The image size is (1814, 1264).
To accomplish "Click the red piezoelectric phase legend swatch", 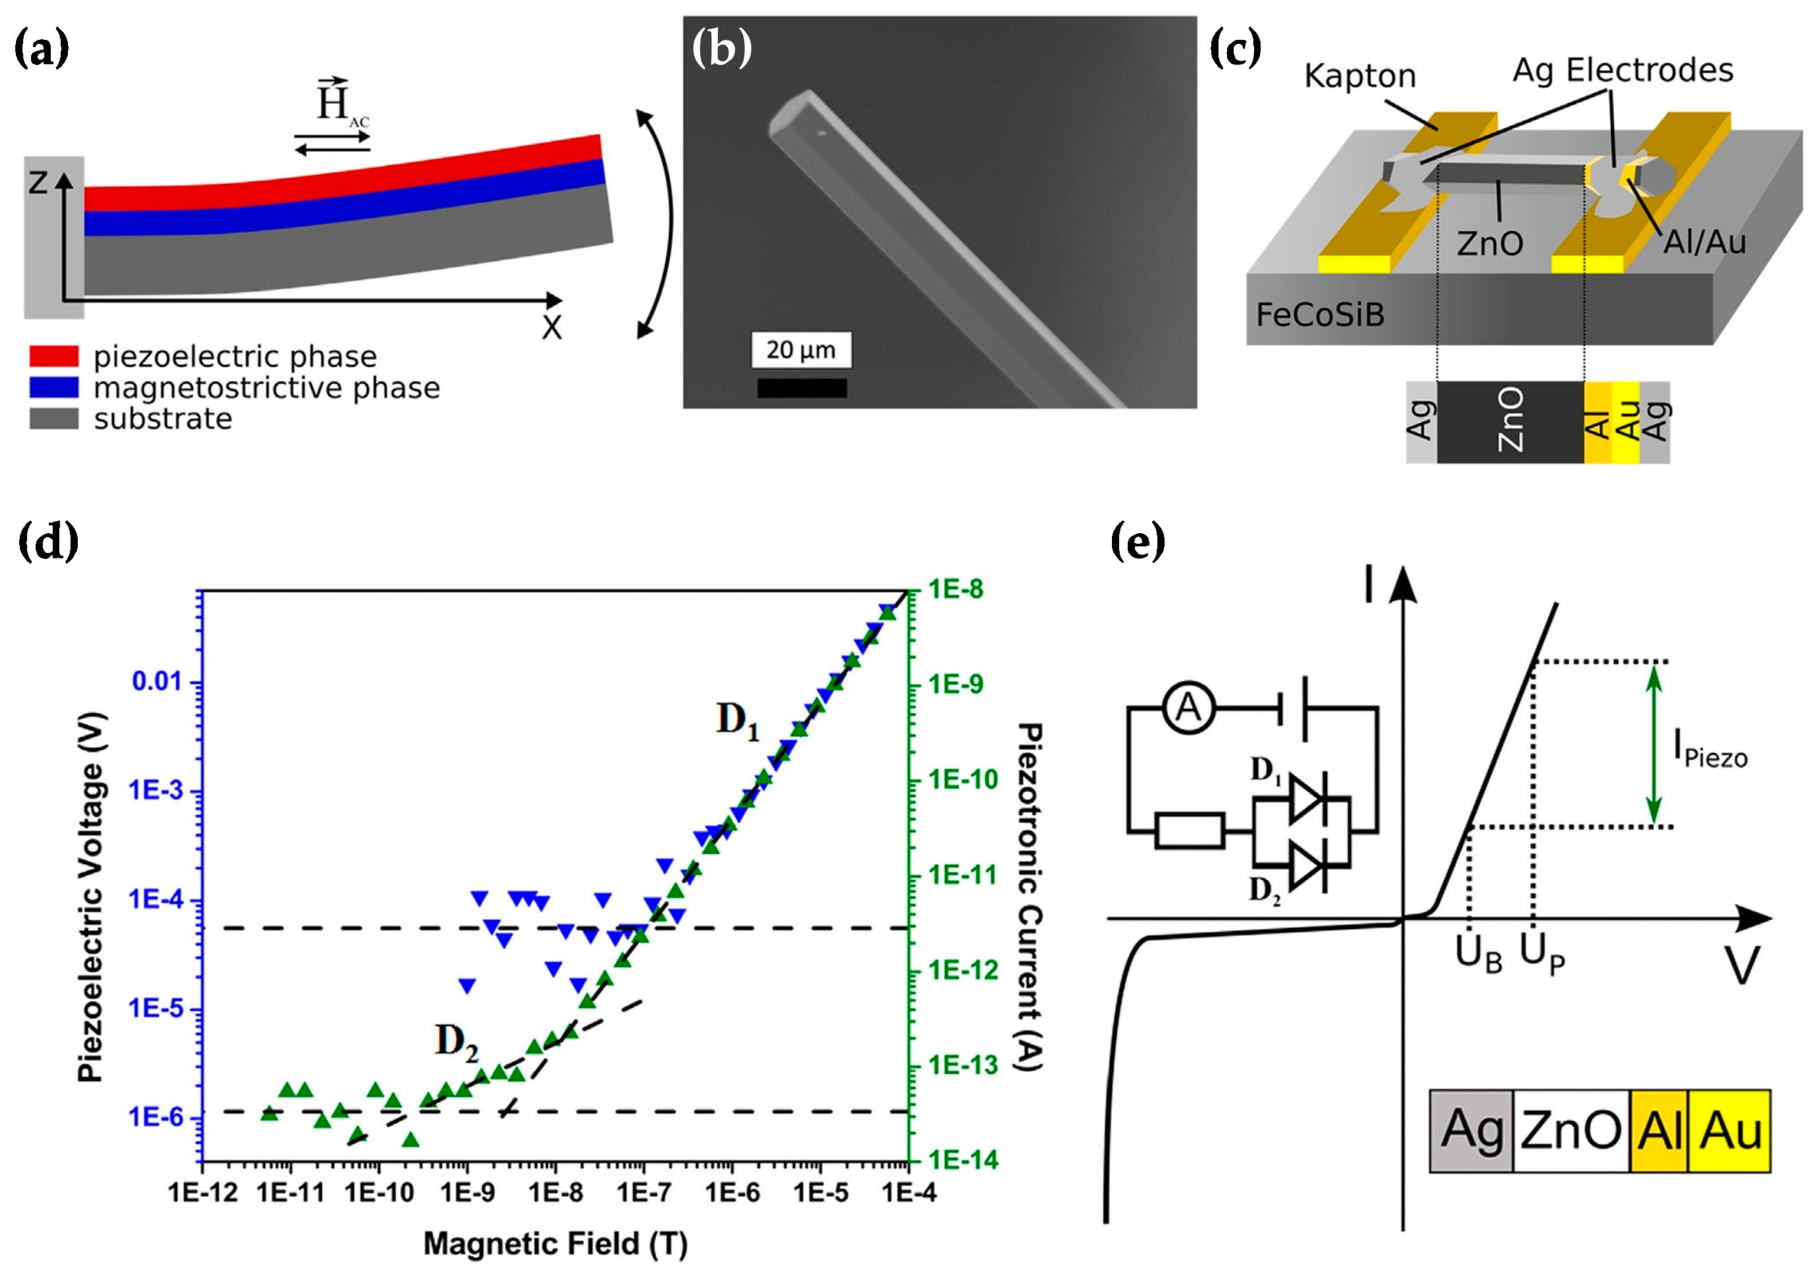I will tap(54, 356).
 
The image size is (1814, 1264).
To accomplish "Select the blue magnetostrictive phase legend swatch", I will tap(54, 387).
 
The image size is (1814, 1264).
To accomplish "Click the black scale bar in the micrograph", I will tap(802, 388).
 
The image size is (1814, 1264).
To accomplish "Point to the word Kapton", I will tap(1360, 77).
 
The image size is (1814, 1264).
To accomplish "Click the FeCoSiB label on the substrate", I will tap(1320, 315).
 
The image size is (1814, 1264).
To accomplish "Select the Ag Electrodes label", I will tap(1623, 70).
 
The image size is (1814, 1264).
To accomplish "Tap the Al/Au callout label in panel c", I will tap(1704, 242).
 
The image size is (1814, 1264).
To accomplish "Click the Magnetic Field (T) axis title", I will tap(555, 1244).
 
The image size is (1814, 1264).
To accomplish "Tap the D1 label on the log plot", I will tap(737, 720).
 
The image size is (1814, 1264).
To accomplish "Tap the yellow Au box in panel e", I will tap(1729, 1130).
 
